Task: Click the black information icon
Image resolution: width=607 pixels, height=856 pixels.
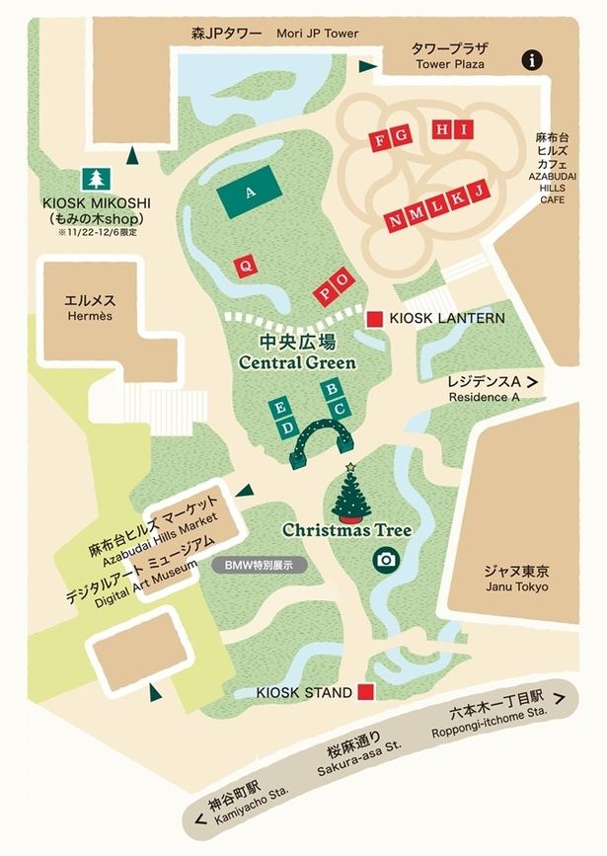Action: pos(534,60)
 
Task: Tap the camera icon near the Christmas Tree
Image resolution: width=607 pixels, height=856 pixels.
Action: pos(385,560)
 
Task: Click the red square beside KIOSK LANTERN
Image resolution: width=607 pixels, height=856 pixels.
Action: pos(375,318)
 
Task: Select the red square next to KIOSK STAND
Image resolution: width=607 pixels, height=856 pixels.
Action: pos(366,692)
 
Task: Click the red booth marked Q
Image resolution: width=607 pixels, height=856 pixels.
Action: pos(243,265)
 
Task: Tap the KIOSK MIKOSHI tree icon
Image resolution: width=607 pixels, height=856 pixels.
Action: pos(97,178)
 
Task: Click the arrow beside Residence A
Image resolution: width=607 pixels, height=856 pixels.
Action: pos(533,380)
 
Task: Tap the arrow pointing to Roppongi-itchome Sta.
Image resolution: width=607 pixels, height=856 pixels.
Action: pos(561,697)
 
